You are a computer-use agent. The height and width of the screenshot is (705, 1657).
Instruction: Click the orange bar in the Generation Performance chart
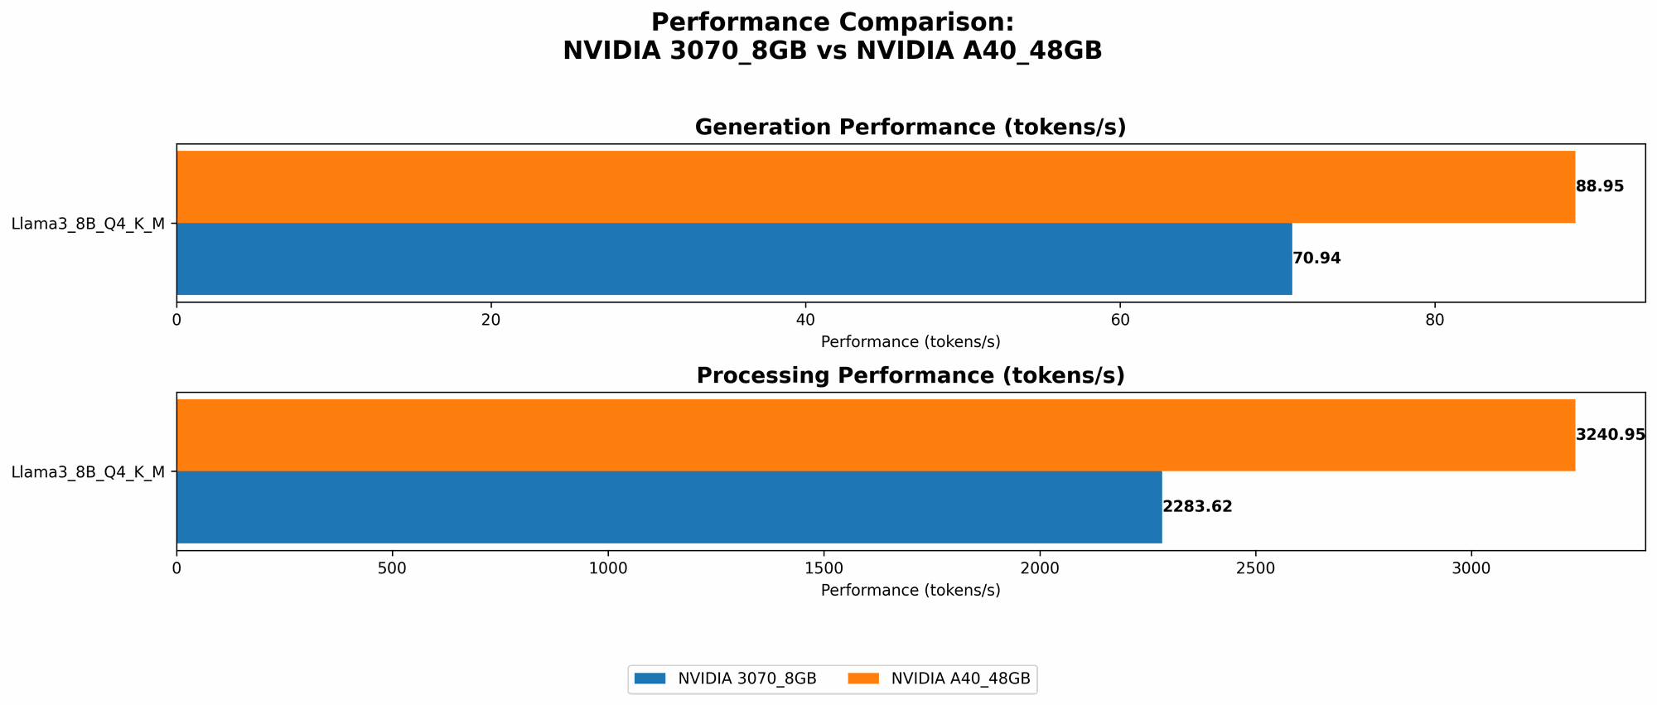875,187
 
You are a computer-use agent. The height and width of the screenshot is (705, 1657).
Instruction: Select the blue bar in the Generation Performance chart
734,258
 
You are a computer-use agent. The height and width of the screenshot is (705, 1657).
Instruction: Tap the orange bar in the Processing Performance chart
875,436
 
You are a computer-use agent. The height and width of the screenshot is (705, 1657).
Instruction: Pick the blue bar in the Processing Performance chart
669,507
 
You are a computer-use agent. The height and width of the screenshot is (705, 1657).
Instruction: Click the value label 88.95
1600,187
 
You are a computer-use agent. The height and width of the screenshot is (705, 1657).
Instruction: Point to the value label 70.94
1316,258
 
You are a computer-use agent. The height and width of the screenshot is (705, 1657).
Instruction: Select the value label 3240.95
1610,435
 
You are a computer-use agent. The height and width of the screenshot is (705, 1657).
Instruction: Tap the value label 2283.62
1197,507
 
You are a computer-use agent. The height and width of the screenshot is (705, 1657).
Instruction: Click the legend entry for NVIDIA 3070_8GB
725,678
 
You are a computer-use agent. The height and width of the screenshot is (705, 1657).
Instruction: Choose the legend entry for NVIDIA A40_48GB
940,678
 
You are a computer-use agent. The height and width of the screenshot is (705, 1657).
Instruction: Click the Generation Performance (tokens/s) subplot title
910,128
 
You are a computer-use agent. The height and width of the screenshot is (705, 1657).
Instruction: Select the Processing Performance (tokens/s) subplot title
910,376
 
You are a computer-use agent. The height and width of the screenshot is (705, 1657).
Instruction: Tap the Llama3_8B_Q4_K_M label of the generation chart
88,224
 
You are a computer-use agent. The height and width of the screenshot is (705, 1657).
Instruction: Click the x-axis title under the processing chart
910,591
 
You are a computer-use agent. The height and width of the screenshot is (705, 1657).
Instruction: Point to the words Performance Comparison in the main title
832,22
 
